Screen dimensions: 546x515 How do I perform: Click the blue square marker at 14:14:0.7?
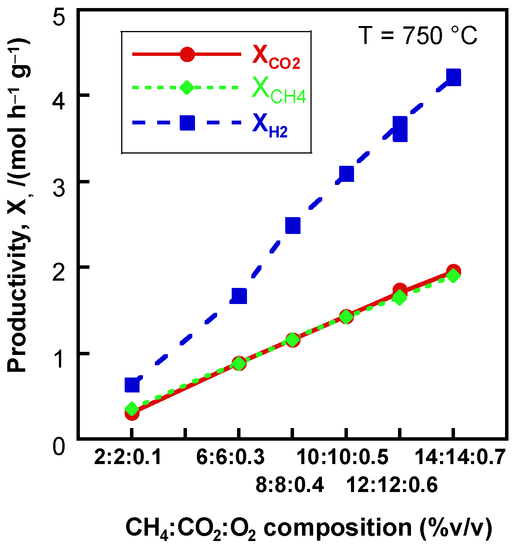(453, 78)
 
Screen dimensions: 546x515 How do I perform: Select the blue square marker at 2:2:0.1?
(132, 385)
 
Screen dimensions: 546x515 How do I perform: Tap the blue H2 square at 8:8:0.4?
(293, 226)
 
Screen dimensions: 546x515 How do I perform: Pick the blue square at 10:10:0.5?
(346, 174)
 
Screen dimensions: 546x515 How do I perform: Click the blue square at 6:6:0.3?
(239, 296)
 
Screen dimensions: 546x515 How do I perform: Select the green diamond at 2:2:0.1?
(132, 409)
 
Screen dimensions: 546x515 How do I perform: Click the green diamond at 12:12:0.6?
(400, 298)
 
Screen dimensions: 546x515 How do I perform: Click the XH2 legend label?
(270, 126)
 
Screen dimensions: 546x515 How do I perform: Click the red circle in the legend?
(187, 54)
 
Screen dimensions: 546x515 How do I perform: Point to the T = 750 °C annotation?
(418, 36)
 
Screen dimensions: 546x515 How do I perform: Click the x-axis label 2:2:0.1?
(128, 457)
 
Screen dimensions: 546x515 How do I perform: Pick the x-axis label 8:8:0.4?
(290, 485)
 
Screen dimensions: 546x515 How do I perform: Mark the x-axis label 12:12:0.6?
(392, 485)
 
